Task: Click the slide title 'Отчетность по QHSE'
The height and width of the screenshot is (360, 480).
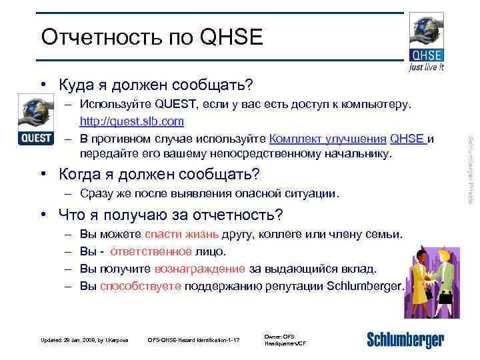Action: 152,38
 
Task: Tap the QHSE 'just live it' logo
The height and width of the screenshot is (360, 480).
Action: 427,42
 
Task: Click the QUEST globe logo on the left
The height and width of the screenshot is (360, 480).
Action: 35,120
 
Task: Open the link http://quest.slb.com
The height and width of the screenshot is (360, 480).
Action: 132,122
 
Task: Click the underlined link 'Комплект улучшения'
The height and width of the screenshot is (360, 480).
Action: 328,139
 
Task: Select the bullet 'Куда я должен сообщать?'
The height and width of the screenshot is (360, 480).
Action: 155,85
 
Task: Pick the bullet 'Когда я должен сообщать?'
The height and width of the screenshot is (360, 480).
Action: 159,175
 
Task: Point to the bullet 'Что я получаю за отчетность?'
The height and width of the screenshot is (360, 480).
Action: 171,215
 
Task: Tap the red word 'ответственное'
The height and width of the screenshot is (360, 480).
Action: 142,252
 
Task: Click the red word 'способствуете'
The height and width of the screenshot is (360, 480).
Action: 140,287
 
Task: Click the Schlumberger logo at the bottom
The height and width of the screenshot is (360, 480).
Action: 405,339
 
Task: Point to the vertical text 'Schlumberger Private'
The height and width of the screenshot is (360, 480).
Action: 470,169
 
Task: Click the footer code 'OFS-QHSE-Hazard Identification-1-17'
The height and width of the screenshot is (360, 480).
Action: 193,341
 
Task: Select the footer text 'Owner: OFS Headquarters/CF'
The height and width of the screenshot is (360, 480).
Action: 285,340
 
